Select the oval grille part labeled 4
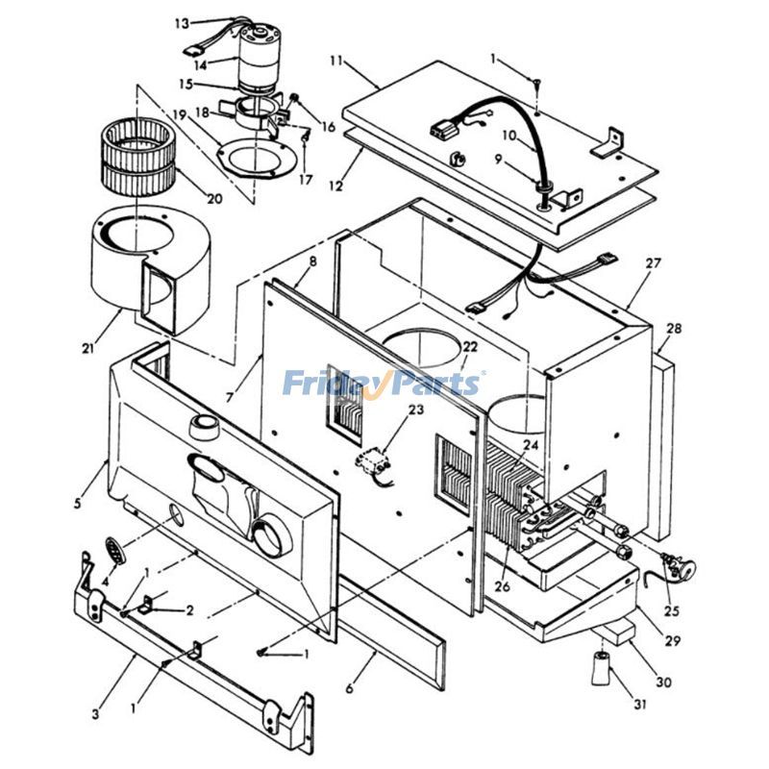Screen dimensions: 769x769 pyautogui.click(x=114, y=552)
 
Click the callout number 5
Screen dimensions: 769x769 pyautogui.click(x=78, y=501)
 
